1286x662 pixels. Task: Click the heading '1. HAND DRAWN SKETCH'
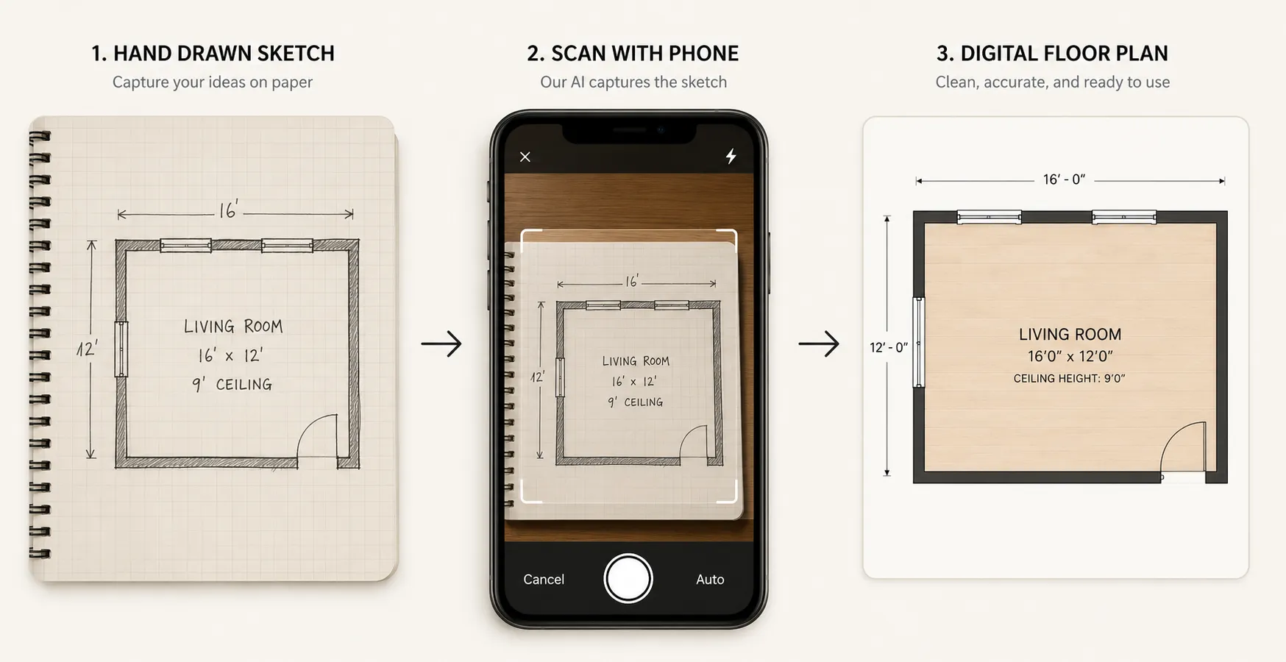point(213,53)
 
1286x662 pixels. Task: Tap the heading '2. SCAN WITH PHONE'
point(633,53)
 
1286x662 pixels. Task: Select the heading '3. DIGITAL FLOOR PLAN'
point(1052,53)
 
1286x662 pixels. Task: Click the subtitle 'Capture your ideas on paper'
point(213,82)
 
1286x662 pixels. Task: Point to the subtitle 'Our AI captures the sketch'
point(633,82)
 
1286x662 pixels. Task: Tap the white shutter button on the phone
point(628,578)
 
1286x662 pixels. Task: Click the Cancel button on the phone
point(544,580)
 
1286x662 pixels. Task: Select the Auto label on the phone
point(710,580)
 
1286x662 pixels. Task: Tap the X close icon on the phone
point(525,157)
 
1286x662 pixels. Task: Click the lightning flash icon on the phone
point(731,156)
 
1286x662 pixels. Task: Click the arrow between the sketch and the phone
point(441,344)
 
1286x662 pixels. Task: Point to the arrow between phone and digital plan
point(819,344)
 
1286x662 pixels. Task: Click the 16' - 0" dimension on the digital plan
point(1064,179)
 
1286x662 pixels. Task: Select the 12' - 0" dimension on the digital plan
point(889,347)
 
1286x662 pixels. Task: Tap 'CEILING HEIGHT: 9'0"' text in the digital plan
point(1069,379)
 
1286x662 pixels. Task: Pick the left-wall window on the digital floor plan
point(918,342)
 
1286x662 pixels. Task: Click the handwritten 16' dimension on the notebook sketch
point(229,211)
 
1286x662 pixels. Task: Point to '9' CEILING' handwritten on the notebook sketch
point(232,384)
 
